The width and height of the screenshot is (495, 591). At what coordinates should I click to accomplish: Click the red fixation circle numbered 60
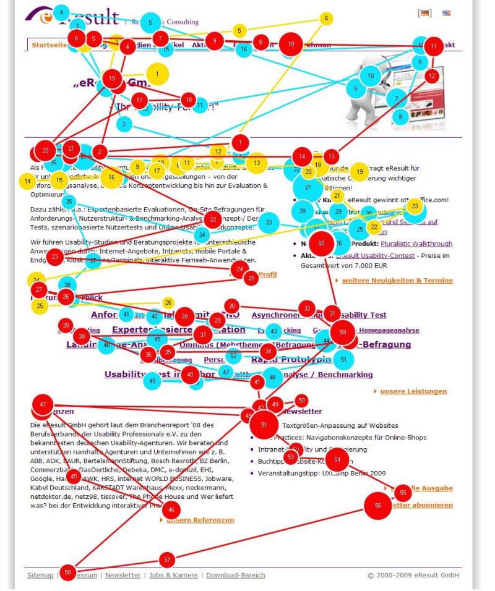321,244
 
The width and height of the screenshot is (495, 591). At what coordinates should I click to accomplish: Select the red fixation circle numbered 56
378,506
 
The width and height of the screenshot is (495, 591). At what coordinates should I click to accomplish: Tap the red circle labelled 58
67,572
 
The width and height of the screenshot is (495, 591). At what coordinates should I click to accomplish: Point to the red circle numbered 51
264,425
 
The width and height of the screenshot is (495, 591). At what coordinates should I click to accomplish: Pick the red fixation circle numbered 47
43,404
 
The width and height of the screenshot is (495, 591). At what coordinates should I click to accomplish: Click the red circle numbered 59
343,332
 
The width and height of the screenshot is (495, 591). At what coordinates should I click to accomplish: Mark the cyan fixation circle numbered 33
269,223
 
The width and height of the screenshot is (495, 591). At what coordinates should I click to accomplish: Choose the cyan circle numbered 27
308,187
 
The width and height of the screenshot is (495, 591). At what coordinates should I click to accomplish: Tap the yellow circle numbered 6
325,19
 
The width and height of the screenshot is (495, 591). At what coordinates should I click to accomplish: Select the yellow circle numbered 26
168,302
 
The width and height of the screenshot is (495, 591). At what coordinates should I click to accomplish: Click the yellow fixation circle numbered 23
415,206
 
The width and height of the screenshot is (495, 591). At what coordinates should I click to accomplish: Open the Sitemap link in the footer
40,575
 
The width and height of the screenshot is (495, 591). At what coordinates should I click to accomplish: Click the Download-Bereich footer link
235,575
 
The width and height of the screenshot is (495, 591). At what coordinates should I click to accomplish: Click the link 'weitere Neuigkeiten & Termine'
397,281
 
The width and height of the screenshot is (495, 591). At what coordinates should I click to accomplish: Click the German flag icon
424,13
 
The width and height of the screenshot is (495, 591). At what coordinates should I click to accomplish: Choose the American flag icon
447,13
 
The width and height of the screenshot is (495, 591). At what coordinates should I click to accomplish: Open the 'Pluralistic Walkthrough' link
416,244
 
